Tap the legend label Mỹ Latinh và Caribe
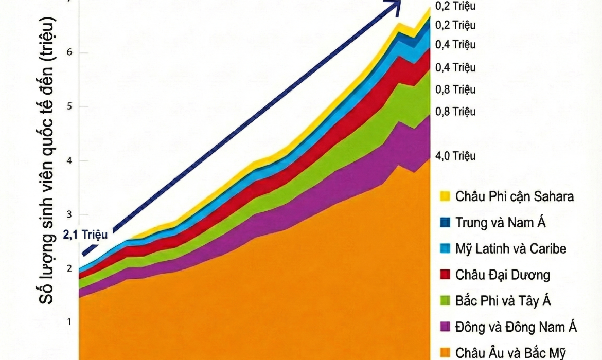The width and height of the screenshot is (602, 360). [x=511, y=249]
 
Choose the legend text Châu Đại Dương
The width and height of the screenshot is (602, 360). [x=503, y=275]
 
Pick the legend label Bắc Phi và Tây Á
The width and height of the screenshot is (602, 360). [x=503, y=301]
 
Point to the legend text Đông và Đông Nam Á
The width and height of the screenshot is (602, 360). [x=516, y=327]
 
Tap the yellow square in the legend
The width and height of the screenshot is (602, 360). [x=446, y=196]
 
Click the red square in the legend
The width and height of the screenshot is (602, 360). [x=446, y=275]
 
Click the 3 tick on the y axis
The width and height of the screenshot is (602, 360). [x=68, y=214]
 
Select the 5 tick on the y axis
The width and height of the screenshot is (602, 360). [x=68, y=107]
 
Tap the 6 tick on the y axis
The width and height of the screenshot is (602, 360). [x=68, y=53]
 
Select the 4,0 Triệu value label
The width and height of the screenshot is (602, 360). [x=455, y=156]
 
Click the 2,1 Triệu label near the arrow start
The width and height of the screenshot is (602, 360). [x=85, y=235]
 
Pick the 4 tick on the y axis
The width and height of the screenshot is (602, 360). [x=68, y=161]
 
